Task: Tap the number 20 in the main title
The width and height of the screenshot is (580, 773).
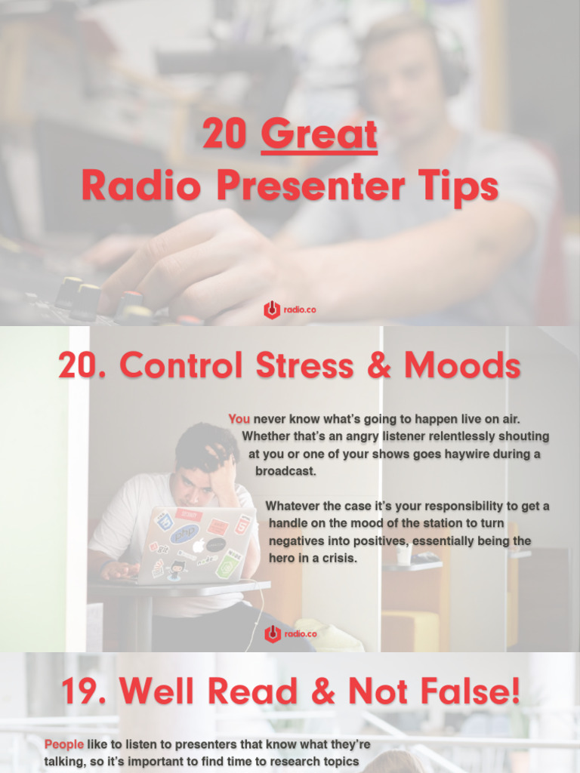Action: [225, 135]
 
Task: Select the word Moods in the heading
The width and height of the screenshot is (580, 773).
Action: [462, 366]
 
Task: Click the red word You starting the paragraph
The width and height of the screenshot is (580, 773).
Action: [239, 419]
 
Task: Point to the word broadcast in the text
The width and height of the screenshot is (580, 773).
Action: [285, 471]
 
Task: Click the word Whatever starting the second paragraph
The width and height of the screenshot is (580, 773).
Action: [298, 506]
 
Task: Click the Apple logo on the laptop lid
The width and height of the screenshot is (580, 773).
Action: [198, 545]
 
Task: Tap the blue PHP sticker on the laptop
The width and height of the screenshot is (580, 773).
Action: [184, 534]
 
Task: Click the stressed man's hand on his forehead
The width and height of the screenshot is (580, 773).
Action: [222, 469]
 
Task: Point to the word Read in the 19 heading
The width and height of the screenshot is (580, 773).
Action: [264, 692]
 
